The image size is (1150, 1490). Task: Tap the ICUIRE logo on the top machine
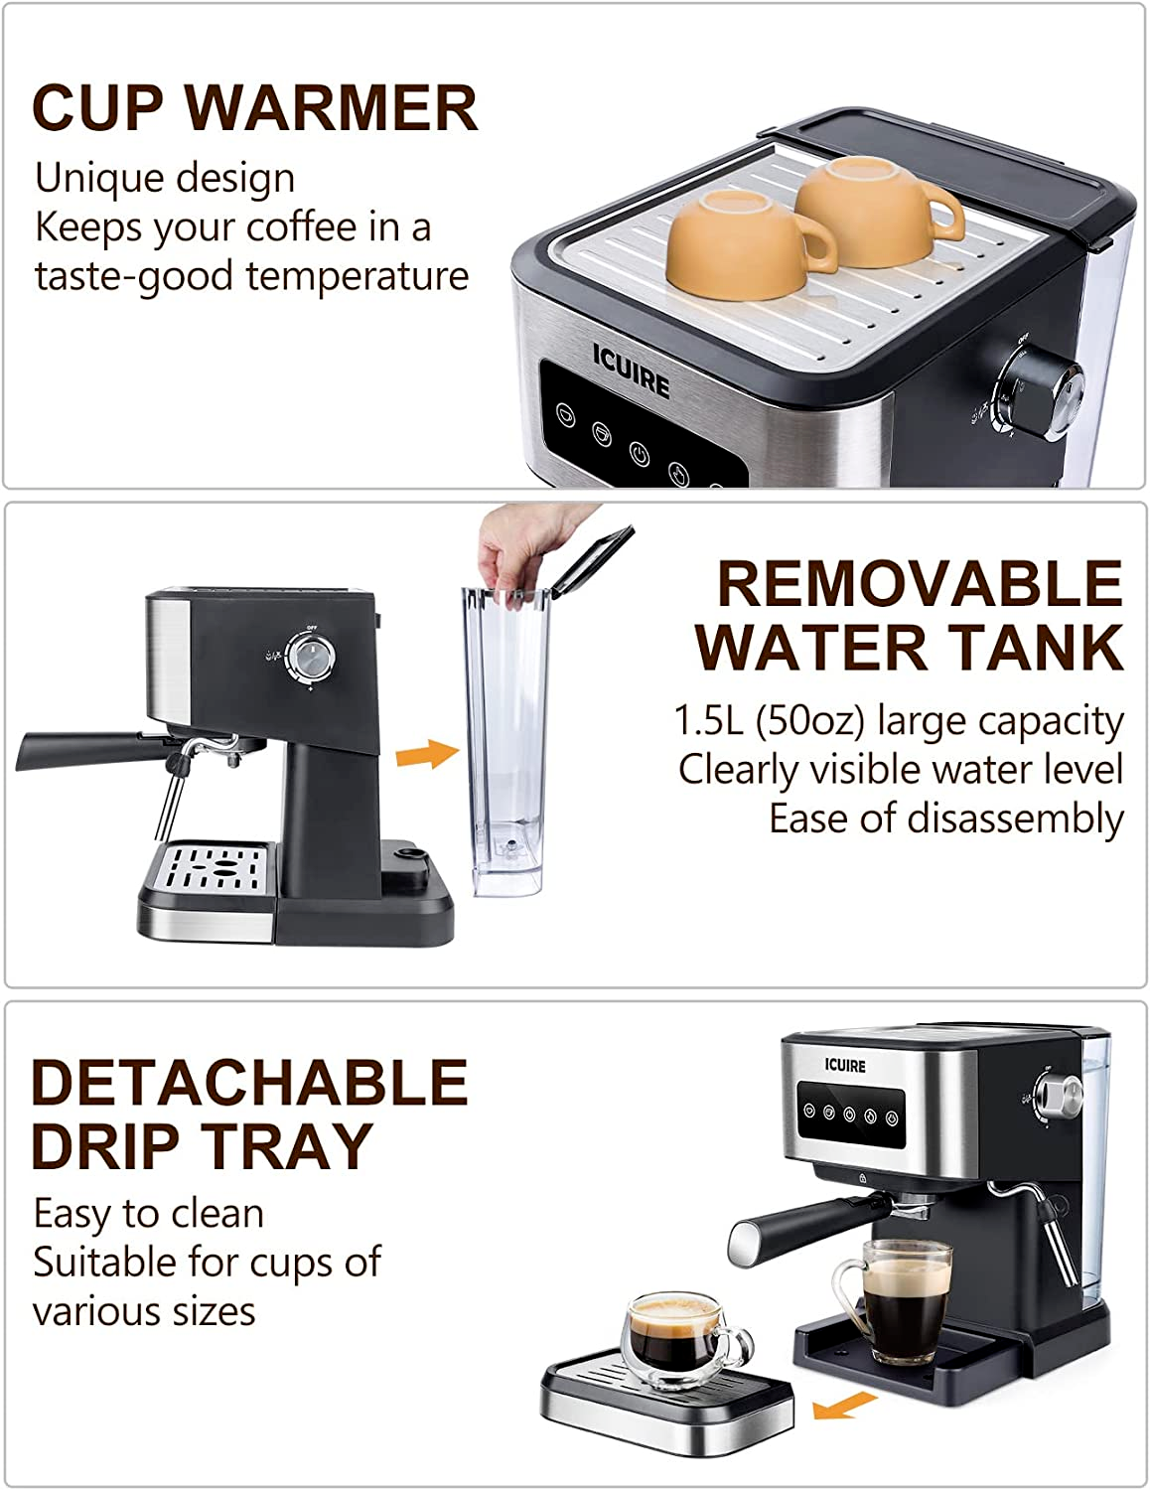click(631, 370)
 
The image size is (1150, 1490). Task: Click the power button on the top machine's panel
click(640, 455)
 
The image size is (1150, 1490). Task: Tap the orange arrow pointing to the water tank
click(426, 754)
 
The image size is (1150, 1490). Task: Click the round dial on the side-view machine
click(310, 657)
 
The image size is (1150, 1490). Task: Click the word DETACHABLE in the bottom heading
click(248, 1083)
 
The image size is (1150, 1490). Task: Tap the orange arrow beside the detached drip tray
click(843, 1404)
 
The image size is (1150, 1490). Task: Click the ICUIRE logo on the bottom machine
click(845, 1066)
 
